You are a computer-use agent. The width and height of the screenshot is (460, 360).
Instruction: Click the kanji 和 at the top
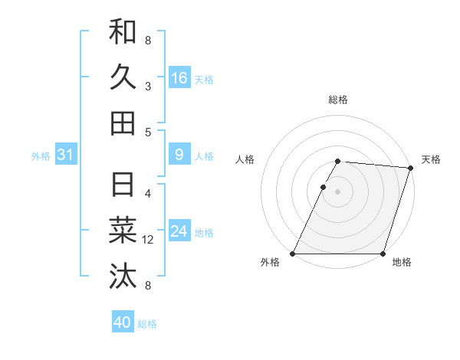(x=123, y=32)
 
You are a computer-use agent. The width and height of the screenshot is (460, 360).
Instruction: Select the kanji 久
(x=123, y=77)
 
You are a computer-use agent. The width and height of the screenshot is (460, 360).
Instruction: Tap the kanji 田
(x=123, y=123)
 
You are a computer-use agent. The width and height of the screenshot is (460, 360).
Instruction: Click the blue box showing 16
(x=179, y=78)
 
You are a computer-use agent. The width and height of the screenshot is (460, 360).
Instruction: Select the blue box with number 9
(x=179, y=155)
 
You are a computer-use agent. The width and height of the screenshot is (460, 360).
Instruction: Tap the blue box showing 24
(x=179, y=231)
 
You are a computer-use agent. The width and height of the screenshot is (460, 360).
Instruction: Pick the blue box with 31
(x=66, y=155)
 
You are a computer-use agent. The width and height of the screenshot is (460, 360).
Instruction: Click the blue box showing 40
(x=123, y=322)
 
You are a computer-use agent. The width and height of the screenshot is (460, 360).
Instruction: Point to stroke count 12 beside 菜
(x=148, y=240)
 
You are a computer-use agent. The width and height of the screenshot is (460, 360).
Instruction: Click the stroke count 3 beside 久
(x=148, y=86)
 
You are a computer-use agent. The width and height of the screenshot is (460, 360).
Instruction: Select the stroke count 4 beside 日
(x=148, y=194)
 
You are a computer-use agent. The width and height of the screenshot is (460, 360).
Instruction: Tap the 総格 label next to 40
(x=147, y=324)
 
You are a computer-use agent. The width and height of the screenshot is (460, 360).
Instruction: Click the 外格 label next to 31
(x=41, y=156)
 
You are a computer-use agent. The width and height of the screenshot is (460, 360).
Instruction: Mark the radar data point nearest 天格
(x=411, y=169)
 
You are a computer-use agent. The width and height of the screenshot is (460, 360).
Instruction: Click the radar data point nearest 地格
(x=383, y=254)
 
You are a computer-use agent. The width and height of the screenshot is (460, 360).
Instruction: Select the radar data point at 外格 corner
(x=293, y=254)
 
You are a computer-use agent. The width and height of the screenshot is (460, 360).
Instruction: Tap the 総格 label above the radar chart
(x=338, y=100)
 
